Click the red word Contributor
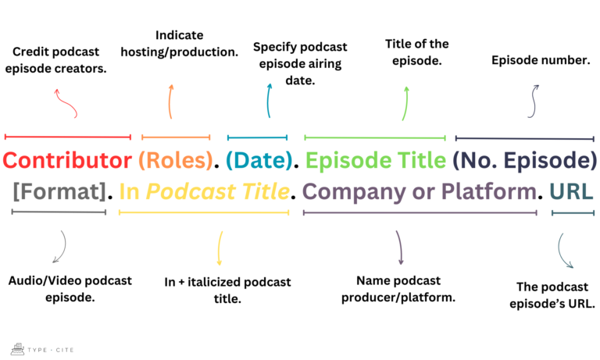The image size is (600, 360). coord(67,161)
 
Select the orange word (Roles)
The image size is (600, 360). coord(177,161)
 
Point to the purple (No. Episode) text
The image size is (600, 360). coord(525,161)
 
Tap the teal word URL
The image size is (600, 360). coord(571,191)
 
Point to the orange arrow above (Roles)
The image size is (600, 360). coord(170,101)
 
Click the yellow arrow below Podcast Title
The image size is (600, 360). coord(220,248)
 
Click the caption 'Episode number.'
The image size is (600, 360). coord(540,59)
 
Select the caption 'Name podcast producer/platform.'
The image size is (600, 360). coord(398,288)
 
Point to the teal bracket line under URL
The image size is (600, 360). coord(572,212)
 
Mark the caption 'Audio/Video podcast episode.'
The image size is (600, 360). coord(70,288)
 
